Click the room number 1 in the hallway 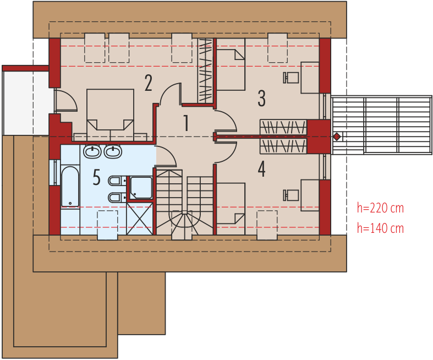pyautogui.click(x=187, y=123)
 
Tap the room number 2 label pyautogui.click(x=149, y=83)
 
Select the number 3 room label pyautogui.click(x=261, y=99)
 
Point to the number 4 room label pyautogui.click(x=261, y=169)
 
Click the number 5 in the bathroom pyautogui.click(x=96, y=177)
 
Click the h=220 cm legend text pyautogui.click(x=380, y=208)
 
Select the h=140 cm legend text pyautogui.click(x=380, y=228)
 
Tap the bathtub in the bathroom pyautogui.click(x=70, y=186)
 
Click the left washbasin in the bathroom pyautogui.click(x=92, y=152)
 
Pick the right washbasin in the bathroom pyautogui.click(x=113, y=152)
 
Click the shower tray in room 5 pyautogui.click(x=141, y=188)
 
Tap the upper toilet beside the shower pyautogui.click(x=116, y=181)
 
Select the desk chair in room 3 pyautogui.click(x=291, y=78)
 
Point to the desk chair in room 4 pyautogui.click(x=291, y=195)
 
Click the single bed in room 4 pyautogui.click(x=231, y=209)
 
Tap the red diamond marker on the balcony pyautogui.click(x=337, y=137)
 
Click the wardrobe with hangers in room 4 pyautogui.click(x=283, y=146)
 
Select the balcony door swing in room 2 pyautogui.click(x=65, y=100)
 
